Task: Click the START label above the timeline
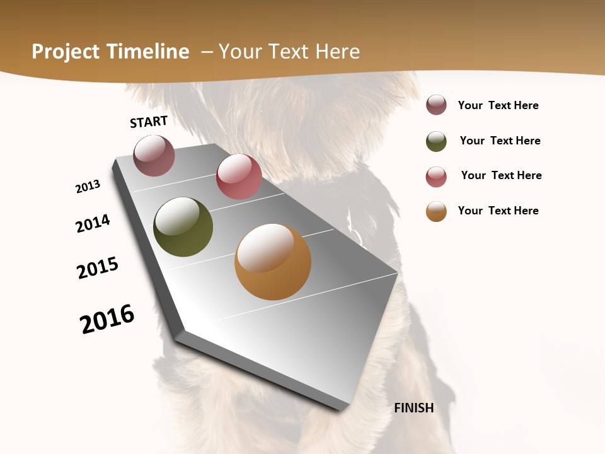(149, 122)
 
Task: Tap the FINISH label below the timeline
(414, 408)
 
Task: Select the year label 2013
(88, 187)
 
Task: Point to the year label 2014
(93, 223)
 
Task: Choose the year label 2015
(98, 268)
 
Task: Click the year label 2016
(107, 319)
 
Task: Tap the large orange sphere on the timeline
(273, 262)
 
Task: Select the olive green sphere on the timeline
(183, 227)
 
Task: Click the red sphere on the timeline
(239, 177)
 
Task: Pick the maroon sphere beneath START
(154, 155)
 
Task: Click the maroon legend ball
(436, 105)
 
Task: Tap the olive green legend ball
(436, 141)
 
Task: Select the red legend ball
(436, 177)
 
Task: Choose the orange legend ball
(436, 211)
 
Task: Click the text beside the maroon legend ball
(498, 106)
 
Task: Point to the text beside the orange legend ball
(498, 211)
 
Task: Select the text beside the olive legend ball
(500, 141)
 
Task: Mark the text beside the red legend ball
(501, 175)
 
